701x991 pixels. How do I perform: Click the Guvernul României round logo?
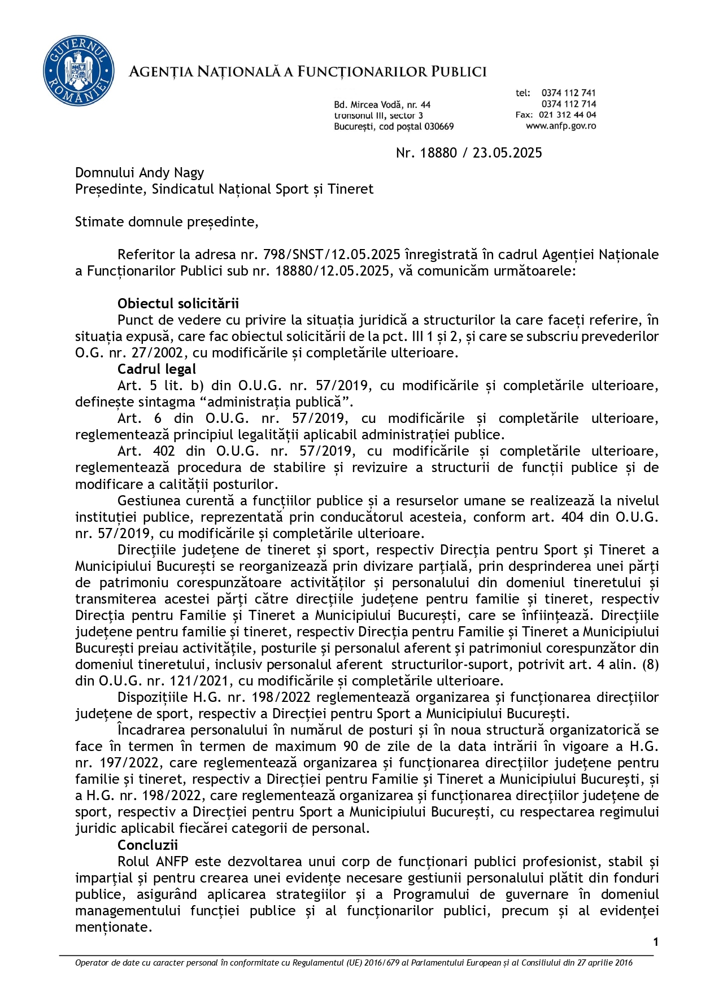pos(79,71)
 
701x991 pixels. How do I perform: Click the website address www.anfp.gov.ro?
pos(560,126)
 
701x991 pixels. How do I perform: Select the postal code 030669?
pos(439,126)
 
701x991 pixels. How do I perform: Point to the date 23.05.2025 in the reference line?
pos(507,153)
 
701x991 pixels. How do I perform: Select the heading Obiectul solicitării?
pos(178,304)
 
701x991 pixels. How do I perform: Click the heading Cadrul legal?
pos(156,369)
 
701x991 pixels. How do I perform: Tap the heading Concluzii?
pos(147,845)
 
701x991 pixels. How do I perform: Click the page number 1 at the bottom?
pos(656,941)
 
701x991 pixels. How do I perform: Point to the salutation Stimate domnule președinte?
pos(166,222)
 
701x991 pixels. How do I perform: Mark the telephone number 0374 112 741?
pos(568,93)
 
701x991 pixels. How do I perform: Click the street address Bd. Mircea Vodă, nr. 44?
pos(382,104)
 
